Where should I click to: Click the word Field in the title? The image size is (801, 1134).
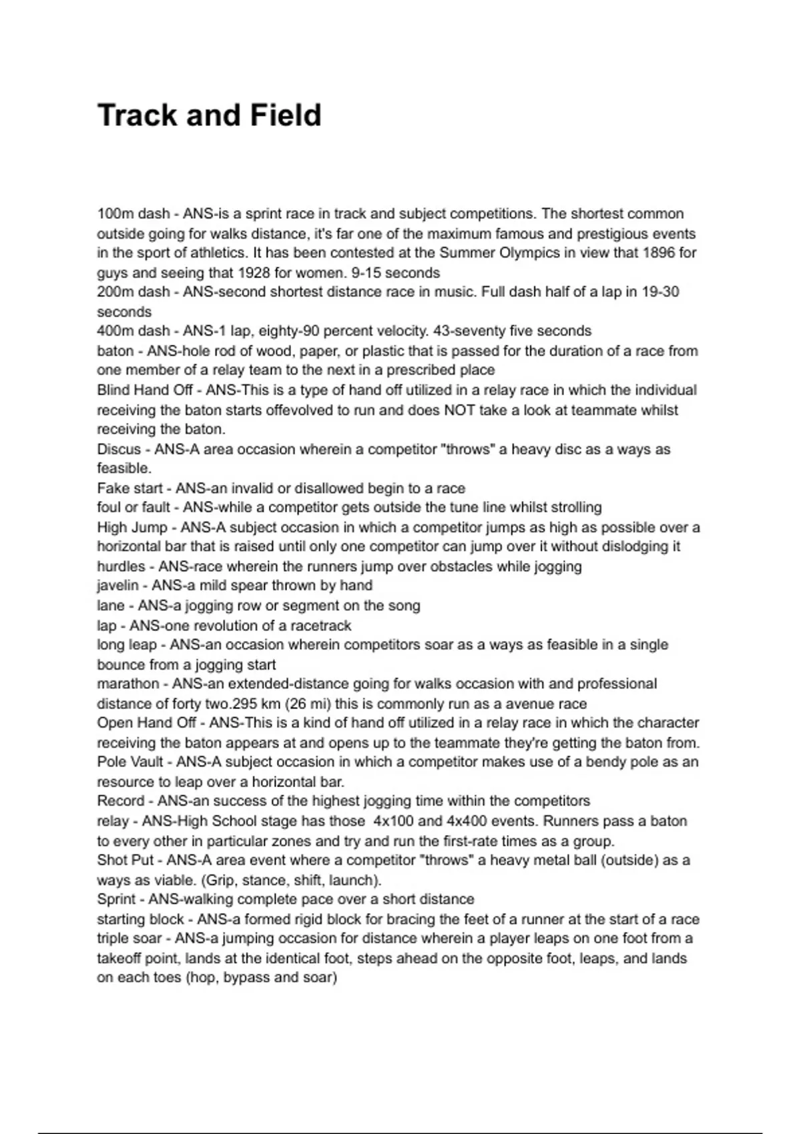286,115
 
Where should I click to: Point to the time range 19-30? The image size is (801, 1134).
660,292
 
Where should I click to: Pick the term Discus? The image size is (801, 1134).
119,449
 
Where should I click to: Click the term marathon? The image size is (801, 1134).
128,684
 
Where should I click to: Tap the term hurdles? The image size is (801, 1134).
121,566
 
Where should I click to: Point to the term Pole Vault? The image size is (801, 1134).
130,762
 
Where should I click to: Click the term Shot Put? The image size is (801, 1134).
125,860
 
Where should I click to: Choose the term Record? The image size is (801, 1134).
121,801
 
